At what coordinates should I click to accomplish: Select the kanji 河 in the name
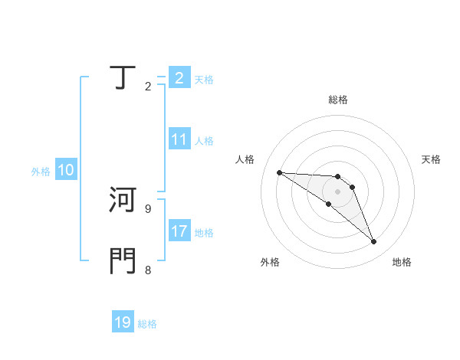(122, 200)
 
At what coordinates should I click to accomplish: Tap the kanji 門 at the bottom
(122, 261)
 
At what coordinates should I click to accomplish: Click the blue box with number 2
(179, 78)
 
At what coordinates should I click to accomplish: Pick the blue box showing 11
(179, 140)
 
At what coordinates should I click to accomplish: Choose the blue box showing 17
(179, 231)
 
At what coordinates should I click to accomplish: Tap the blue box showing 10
(66, 171)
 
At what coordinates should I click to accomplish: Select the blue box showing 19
(123, 322)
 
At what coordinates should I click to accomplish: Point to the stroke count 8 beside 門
(147, 270)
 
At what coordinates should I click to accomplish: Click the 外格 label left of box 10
(41, 172)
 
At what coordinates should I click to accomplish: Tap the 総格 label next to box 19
(147, 324)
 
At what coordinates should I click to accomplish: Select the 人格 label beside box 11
(204, 141)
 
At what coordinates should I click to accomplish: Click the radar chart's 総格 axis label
(338, 100)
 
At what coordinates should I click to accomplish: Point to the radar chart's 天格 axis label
(431, 159)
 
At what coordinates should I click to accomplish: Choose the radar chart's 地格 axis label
(402, 262)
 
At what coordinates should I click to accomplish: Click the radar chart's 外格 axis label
(270, 262)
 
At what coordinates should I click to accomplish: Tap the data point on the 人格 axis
(279, 172)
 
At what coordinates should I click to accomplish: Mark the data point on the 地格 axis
(373, 242)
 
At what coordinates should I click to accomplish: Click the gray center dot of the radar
(338, 191)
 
